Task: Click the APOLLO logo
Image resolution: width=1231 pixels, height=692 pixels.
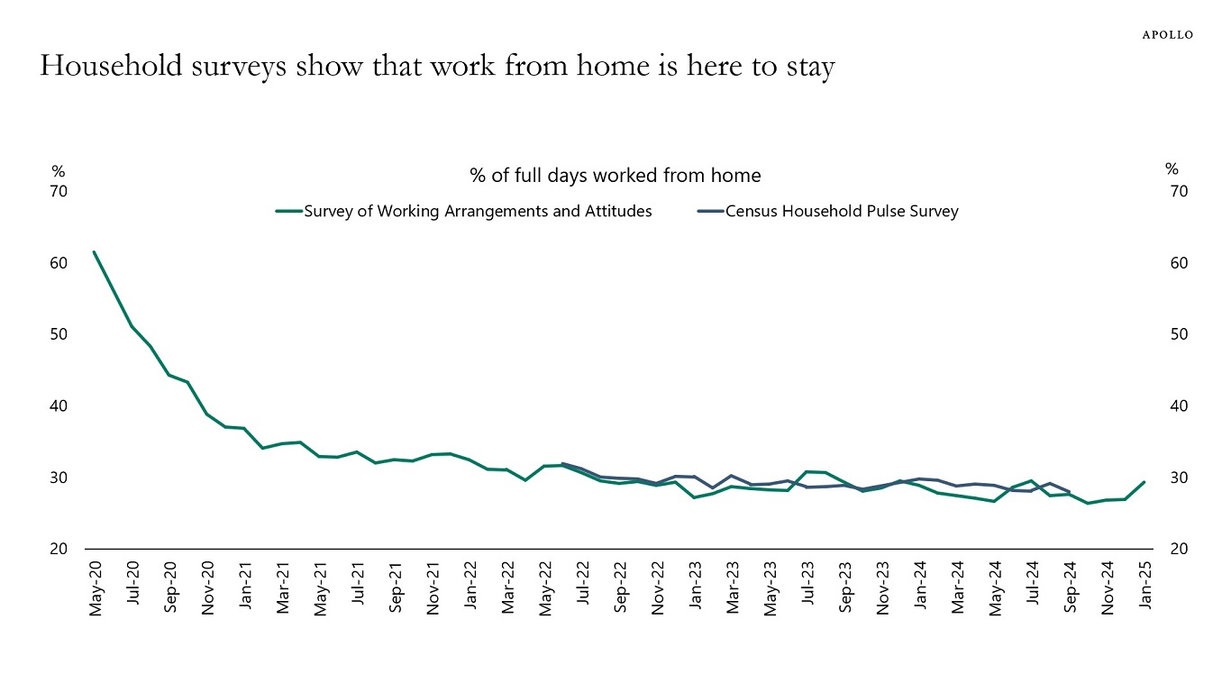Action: click(x=1168, y=35)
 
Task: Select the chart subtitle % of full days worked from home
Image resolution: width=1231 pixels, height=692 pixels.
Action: click(x=615, y=175)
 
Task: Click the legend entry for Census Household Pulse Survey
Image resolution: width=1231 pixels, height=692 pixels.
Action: click(x=841, y=212)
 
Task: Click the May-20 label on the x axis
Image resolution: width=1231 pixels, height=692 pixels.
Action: click(x=96, y=588)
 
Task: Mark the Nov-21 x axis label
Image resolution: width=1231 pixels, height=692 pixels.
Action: click(x=433, y=588)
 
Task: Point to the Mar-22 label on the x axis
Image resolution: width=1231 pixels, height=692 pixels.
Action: click(x=507, y=588)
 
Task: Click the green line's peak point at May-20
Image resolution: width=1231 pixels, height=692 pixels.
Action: click(x=94, y=252)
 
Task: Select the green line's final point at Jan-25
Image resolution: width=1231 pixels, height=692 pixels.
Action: click(x=1144, y=482)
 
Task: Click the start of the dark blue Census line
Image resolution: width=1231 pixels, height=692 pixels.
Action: click(x=562, y=464)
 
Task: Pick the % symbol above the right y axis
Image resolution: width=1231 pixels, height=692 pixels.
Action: click(x=1172, y=168)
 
